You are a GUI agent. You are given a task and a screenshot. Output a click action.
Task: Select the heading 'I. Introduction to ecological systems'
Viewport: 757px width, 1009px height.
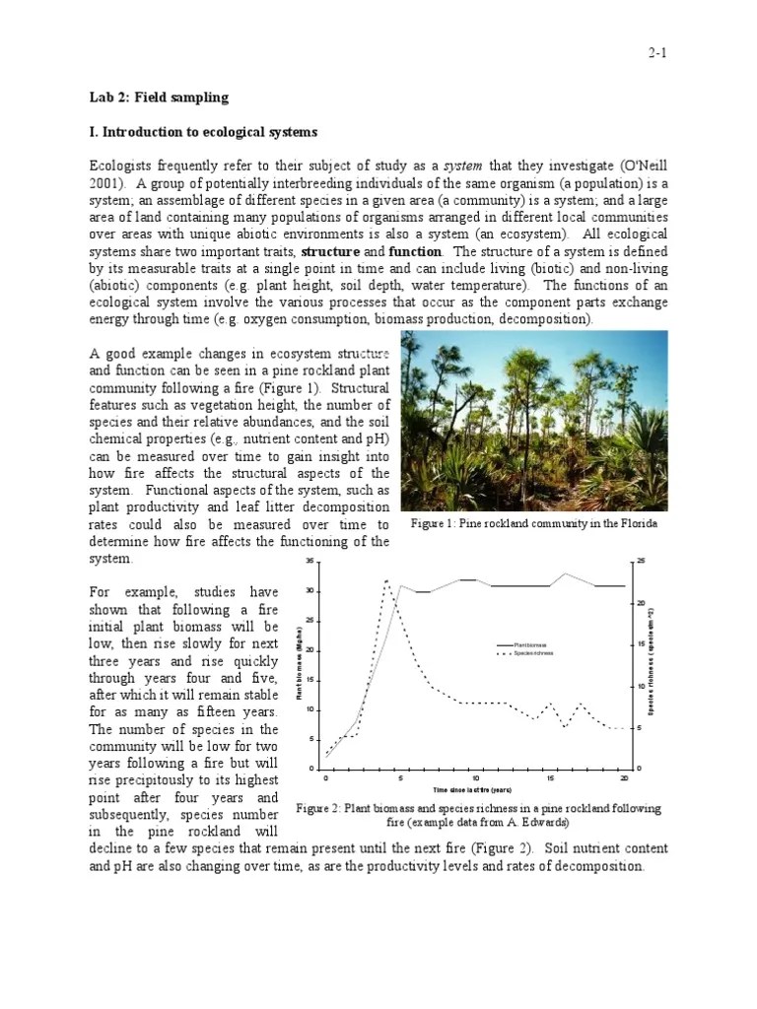pyautogui.click(x=203, y=131)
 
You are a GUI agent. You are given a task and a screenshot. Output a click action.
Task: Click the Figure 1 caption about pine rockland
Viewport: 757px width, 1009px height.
pyautogui.click(x=533, y=523)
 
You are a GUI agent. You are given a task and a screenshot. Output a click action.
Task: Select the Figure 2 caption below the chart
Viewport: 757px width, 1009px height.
pyautogui.click(x=478, y=815)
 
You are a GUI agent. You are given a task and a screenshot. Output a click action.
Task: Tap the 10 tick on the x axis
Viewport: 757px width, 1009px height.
pyautogui.click(x=476, y=778)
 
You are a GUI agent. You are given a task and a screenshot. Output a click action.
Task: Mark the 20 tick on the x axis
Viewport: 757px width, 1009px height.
pyautogui.click(x=624, y=778)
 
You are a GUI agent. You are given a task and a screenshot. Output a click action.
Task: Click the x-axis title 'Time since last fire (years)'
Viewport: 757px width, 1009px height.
pyautogui.click(x=472, y=790)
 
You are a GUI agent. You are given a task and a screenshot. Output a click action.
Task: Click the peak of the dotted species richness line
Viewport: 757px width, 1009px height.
pyautogui.click(x=386, y=580)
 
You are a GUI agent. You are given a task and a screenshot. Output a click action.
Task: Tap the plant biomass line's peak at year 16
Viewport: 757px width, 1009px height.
pyautogui.click(x=565, y=573)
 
